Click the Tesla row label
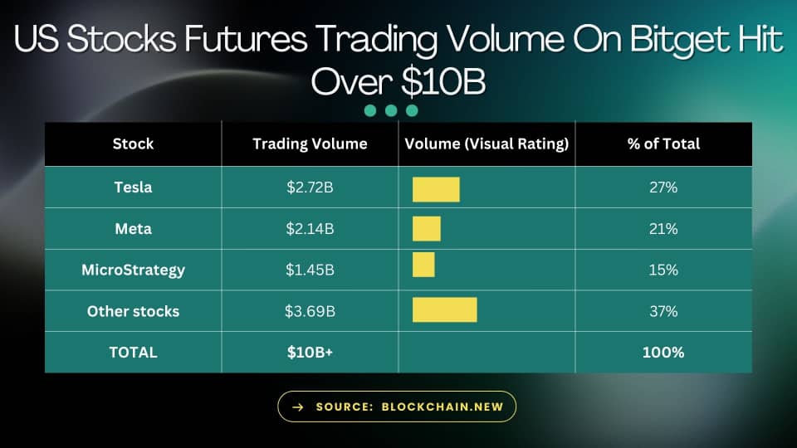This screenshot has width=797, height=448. pos(133,187)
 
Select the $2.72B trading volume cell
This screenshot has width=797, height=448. pos(310,187)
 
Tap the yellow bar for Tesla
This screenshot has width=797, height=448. pos(436,189)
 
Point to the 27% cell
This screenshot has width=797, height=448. pos(663,187)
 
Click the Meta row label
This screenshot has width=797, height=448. pos(133,229)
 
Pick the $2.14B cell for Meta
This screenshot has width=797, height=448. pos(310,229)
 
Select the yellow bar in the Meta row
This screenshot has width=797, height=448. pos(427,229)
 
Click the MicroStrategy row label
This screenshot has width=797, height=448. pos(133,270)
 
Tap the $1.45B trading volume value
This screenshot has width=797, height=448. pos(310,270)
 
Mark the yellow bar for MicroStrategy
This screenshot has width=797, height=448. pos(423,265)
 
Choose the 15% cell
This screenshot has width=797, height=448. pos(663,270)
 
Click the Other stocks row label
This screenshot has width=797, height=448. pos(133,311)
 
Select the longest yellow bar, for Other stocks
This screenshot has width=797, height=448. pos(445,309)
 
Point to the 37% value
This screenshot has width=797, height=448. pos(663,311)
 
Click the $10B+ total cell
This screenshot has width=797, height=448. pos(310,352)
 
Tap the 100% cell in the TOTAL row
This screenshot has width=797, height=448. pos(663,352)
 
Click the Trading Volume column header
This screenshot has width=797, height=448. pos(310,144)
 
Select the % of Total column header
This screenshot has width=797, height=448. pos(663,144)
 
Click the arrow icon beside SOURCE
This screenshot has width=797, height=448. pos(298,407)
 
